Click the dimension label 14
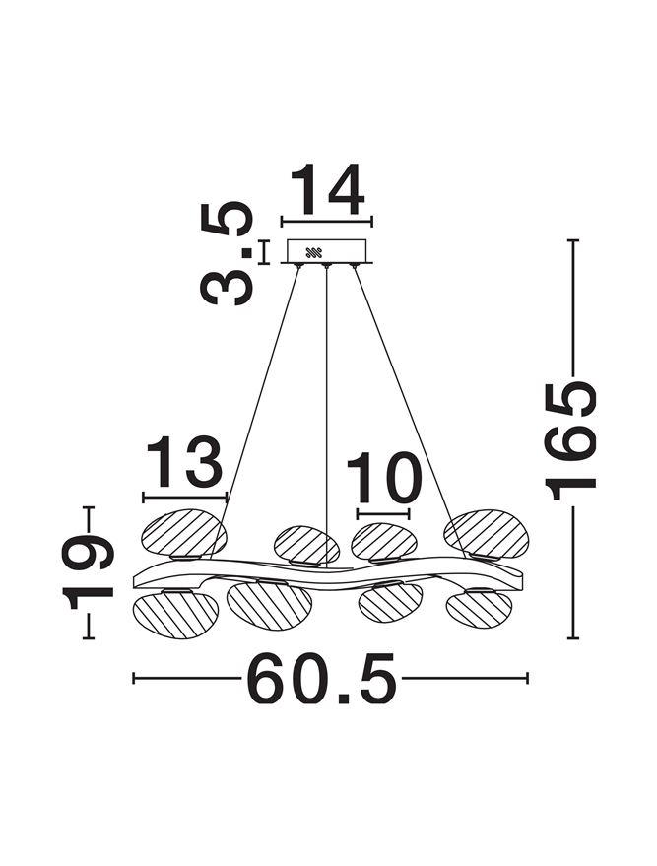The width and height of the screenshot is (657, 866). pos(327,189)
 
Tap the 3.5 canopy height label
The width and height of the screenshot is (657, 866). pos(227,253)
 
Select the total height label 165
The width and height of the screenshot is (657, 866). pos(570,440)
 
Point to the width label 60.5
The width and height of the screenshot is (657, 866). pos(322,678)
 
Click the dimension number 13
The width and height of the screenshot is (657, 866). pos(184,461)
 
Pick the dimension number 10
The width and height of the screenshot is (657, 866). pos(384,477)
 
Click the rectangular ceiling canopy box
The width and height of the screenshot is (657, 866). pos(327,251)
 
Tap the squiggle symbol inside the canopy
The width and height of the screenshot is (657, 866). pos(313,253)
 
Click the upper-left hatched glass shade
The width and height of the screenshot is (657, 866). pos(184,534)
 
